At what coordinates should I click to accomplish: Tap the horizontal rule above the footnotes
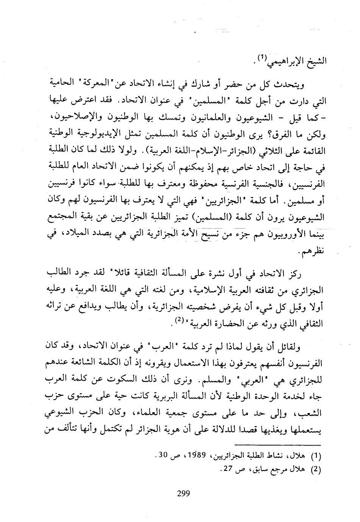[277, 443]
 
